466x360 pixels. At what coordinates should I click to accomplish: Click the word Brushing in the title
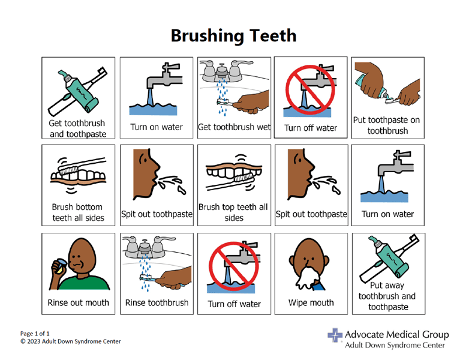203,35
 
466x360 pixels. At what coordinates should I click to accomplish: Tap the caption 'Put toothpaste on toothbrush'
387,125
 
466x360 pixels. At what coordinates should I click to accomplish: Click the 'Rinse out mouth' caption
79,302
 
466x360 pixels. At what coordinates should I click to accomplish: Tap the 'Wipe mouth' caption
311,302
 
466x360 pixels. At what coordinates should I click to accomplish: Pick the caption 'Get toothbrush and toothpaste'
77,128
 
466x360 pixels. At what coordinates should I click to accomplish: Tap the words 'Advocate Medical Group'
396,334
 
